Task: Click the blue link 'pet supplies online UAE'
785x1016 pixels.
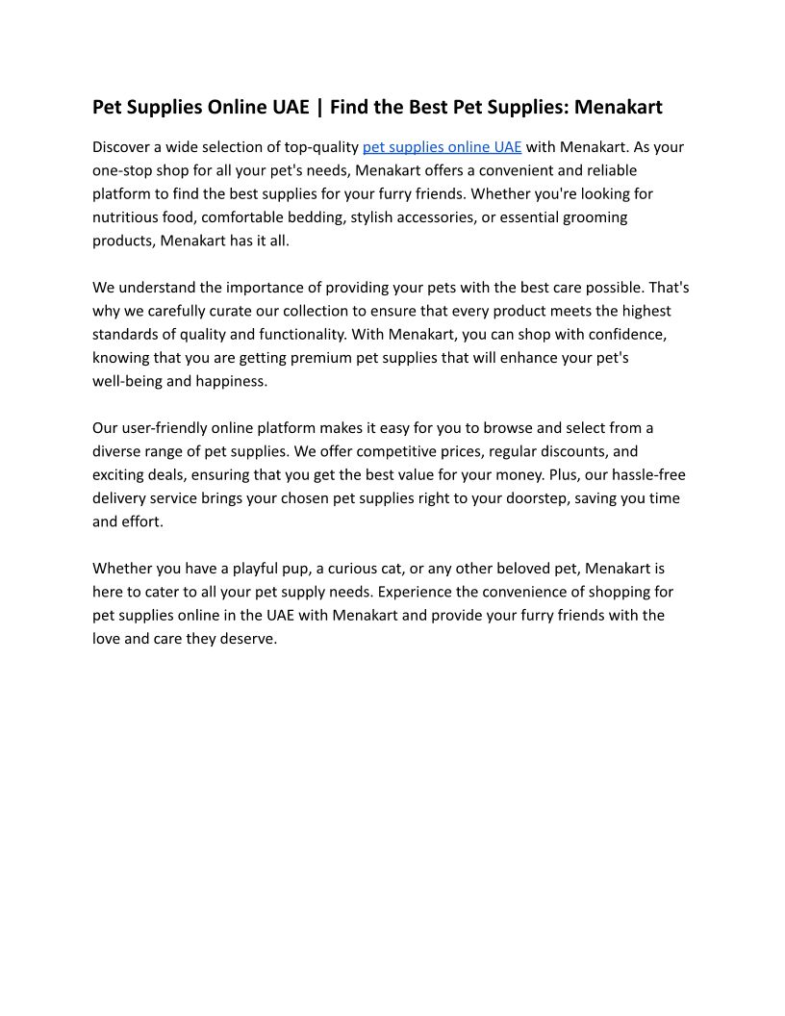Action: pos(442,147)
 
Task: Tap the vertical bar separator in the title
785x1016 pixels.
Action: pos(319,107)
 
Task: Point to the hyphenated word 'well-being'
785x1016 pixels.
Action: pos(130,381)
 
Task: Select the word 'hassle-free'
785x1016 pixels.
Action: pos(646,474)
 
